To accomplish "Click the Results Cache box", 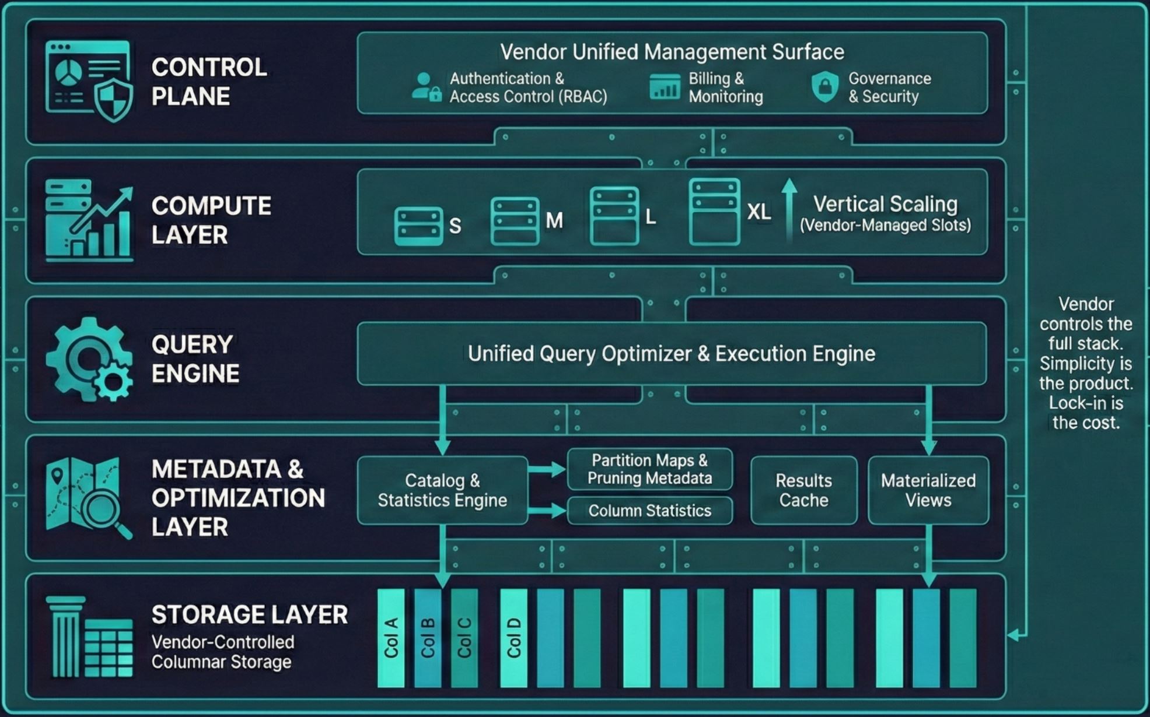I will [x=803, y=490].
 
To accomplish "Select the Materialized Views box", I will [x=928, y=490].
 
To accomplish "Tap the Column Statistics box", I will [x=649, y=511].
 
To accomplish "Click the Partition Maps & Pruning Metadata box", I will [x=649, y=469].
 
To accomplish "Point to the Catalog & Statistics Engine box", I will [x=442, y=490].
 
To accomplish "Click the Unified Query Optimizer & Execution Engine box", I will [x=671, y=354].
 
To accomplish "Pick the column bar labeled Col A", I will [x=391, y=638].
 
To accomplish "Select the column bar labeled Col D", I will [x=513, y=638].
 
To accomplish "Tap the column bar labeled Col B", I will [x=428, y=638].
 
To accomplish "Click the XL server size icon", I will [x=714, y=212].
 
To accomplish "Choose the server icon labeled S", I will [x=418, y=226].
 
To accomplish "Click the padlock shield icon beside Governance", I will [x=825, y=87].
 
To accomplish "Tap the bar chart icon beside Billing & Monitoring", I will [x=665, y=87].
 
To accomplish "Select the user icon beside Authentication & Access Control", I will [x=426, y=87].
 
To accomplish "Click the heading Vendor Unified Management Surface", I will [x=672, y=52].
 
